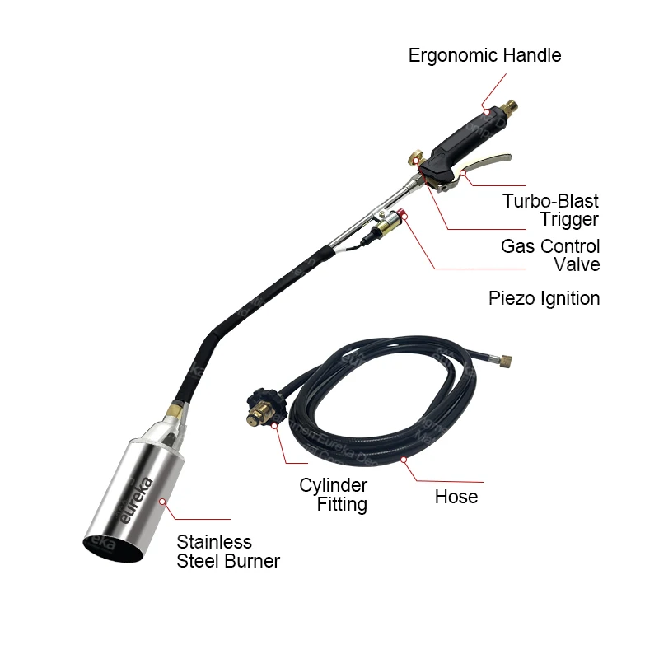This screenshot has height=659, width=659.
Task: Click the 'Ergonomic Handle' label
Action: (485, 56)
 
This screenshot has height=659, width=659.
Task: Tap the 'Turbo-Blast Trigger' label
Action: (550, 209)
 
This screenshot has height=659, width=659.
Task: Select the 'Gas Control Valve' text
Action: (550, 255)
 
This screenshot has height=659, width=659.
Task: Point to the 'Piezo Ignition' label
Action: (544, 298)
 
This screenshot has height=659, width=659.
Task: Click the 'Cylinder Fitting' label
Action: (333, 494)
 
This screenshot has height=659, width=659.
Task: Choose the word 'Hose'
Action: (456, 497)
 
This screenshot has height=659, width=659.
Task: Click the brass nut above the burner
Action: (172, 409)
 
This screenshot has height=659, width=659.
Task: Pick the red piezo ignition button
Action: (404, 216)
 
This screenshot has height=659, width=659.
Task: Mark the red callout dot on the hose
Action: (404, 459)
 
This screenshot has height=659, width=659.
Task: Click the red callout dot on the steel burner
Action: (163, 500)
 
